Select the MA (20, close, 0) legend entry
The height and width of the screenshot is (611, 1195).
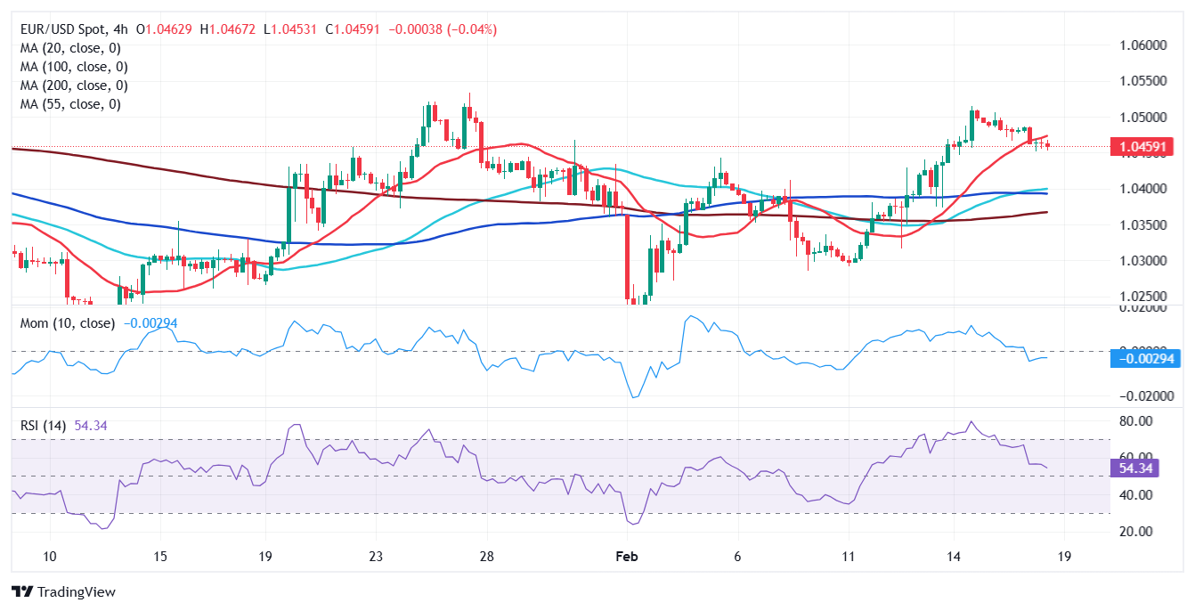(x=70, y=48)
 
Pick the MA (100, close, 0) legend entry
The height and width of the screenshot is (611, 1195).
(x=74, y=67)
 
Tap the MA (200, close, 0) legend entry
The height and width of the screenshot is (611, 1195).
(x=74, y=86)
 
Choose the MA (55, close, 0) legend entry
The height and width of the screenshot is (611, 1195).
(x=70, y=104)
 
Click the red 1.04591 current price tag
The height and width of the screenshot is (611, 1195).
(x=1142, y=147)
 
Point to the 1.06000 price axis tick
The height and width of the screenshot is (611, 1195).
(x=1142, y=45)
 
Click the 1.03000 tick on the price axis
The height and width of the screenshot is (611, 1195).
(x=1142, y=261)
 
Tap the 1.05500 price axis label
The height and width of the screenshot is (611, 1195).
(x=1142, y=81)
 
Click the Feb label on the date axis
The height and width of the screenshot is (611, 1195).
(x=628, y=557)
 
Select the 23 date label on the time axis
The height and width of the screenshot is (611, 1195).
(x=376, y=557)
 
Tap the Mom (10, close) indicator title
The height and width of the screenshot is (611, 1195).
(x=68, y=323)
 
